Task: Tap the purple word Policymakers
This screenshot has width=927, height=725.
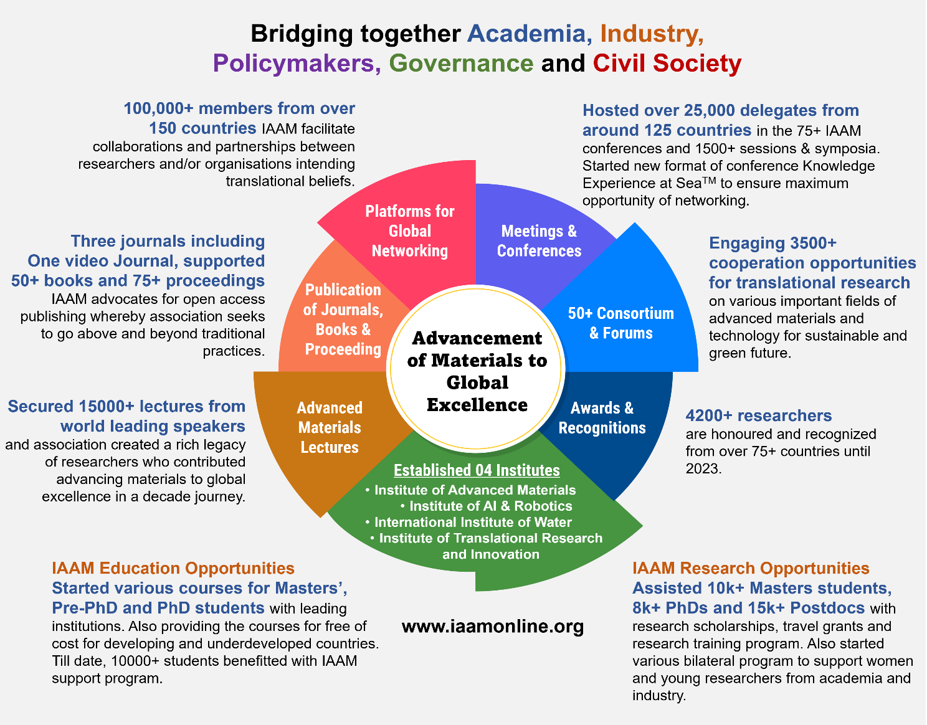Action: pyautogui.click(x=293, y=64)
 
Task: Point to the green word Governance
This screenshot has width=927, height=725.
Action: pyautogui.click(x=461, y=63)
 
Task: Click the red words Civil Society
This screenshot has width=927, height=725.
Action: pyautogui.click(x=667, y=64)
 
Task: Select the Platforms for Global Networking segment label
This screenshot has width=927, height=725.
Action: pyautogui.click(x=409, y=231)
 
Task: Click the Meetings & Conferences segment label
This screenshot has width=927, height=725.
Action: pyautogui.click(x=540, y=241)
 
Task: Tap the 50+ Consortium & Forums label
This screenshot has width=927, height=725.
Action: pyautogui.click(x=620, y=323)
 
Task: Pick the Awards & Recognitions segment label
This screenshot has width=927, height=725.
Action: pyautogui.click(x=602, y=418)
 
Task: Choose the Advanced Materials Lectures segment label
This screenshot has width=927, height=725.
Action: pyautogui.click(x=330, y=428)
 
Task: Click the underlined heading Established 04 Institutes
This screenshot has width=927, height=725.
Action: pyautogui.click(x=477, y=470)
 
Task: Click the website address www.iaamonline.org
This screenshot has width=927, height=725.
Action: pyautogui.click(x=492, y=626)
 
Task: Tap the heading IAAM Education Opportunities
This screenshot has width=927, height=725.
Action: pyautogui.click(x=173, y=569)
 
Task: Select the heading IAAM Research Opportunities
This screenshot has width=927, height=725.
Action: pyautogui.click(x=751, y=569)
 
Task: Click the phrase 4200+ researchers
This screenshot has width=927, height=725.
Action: pyautogui.click(x=759, y=415)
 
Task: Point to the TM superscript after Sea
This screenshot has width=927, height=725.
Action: pyautogui.click(x=709, y=180)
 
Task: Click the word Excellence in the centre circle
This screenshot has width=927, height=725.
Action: pyautogui.click(x=477, y=405)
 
